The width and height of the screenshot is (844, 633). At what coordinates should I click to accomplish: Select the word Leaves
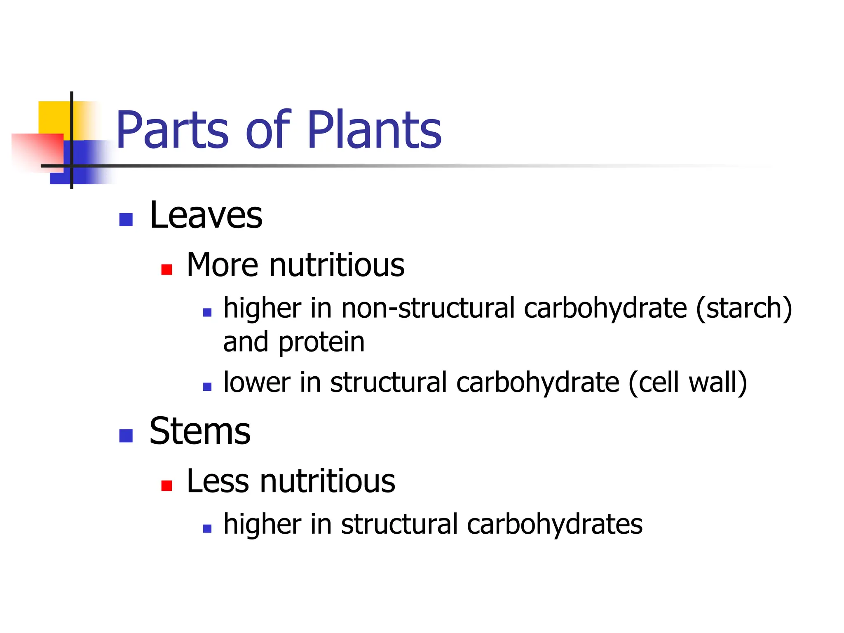tap(206, 215)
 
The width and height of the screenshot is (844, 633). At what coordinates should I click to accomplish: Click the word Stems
tap(200, 431)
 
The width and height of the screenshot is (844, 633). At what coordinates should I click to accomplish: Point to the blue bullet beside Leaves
tap(126, 220)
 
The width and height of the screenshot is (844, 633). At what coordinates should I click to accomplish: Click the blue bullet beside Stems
tap(126, 436)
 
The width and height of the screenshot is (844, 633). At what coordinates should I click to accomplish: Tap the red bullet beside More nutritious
tap(166, 270)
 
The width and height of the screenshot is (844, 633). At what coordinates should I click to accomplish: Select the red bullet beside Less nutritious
tap(166, 486)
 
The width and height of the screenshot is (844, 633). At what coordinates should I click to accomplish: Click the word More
tap(222, 265)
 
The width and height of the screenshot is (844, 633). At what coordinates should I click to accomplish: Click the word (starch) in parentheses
tap(744, 308)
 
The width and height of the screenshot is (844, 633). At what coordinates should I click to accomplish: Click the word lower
tap(257, 382)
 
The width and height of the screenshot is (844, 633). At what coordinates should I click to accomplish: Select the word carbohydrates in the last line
tap(554, 525)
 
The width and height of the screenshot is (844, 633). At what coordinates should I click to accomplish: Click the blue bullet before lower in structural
tap(207, 387)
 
